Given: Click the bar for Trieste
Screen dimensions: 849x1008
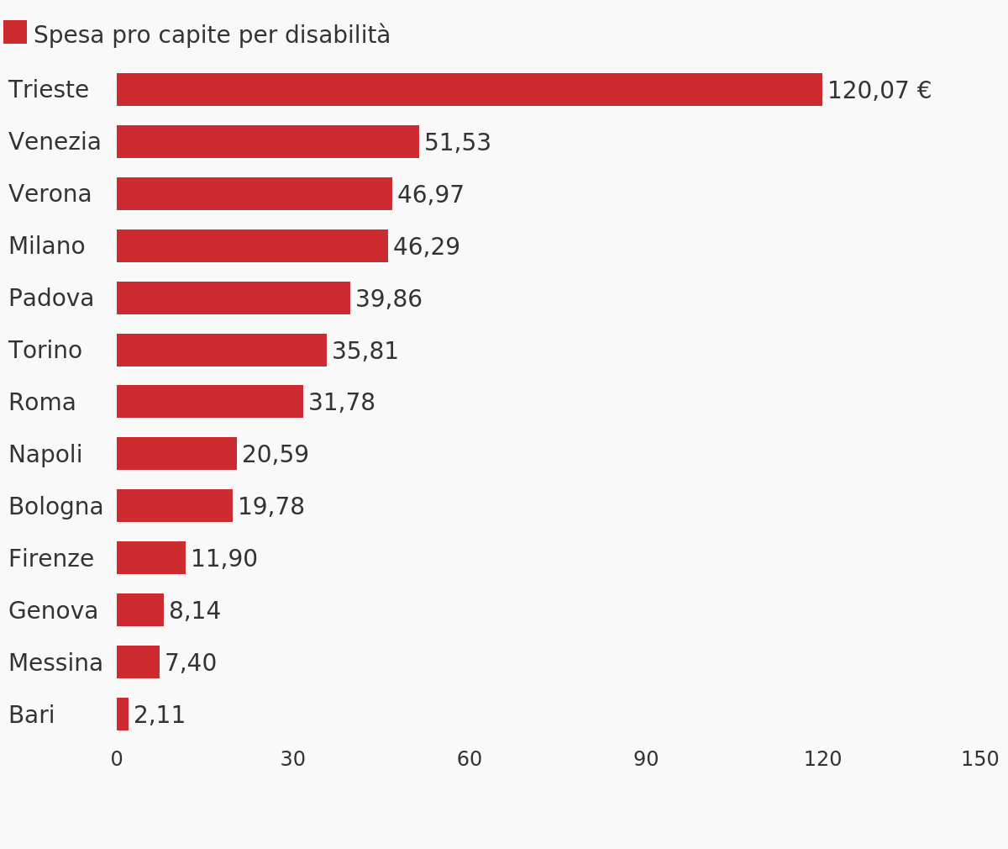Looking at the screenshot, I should click(469, 90).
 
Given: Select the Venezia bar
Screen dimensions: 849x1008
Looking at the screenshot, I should click(267, 142).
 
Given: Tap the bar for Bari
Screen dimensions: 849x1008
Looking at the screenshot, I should click(123, 715).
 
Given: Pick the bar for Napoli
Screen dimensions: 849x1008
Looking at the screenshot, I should click(176, 454).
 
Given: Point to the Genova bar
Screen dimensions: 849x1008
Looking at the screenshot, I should click(140, 610).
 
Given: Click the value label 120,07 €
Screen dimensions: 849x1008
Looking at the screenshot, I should click(879, 91).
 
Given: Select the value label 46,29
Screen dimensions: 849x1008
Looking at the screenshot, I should click(426, 247).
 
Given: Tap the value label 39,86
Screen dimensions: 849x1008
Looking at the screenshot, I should click(388, 299).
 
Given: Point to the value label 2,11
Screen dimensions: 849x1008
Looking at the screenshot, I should click(159, 715).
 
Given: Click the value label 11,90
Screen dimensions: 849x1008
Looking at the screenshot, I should click(223, 559).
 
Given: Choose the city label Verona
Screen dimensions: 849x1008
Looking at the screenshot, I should click(50, 194).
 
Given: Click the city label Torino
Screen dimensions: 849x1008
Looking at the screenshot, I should click(45, 351).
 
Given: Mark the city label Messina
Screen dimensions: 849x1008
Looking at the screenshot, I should click(55, 663).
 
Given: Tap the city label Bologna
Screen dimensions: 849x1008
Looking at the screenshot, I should click(55, 507).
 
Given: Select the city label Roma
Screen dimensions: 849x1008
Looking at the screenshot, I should click(42, 403).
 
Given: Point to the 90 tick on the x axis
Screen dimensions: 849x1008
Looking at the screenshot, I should click(646, 760).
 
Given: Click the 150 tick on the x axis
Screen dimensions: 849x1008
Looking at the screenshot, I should click(979, 760).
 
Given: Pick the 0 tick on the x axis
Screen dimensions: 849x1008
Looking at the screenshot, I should click(117, 760).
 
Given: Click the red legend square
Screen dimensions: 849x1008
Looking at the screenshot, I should click(15, 32).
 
